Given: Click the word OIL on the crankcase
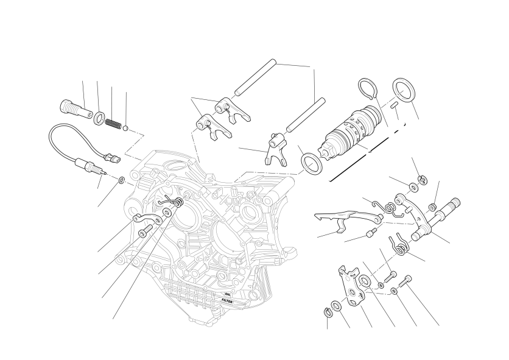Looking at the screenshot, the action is (227, 294).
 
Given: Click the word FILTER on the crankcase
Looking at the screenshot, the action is (227, 301).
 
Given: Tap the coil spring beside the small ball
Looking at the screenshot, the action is (113, 124).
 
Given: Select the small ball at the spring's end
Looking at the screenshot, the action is (125, 129).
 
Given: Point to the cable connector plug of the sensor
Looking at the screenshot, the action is (111, 158).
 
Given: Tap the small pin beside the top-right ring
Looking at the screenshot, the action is (395, 105).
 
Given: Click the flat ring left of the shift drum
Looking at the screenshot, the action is (312, 163).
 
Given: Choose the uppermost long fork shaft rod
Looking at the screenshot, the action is (255, 77).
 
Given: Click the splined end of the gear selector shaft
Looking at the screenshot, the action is (454, 203).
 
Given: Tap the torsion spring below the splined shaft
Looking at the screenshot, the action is (400, 246).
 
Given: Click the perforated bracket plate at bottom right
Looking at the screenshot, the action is (351, 286).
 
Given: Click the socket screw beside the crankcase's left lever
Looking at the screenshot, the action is (145, 230).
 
